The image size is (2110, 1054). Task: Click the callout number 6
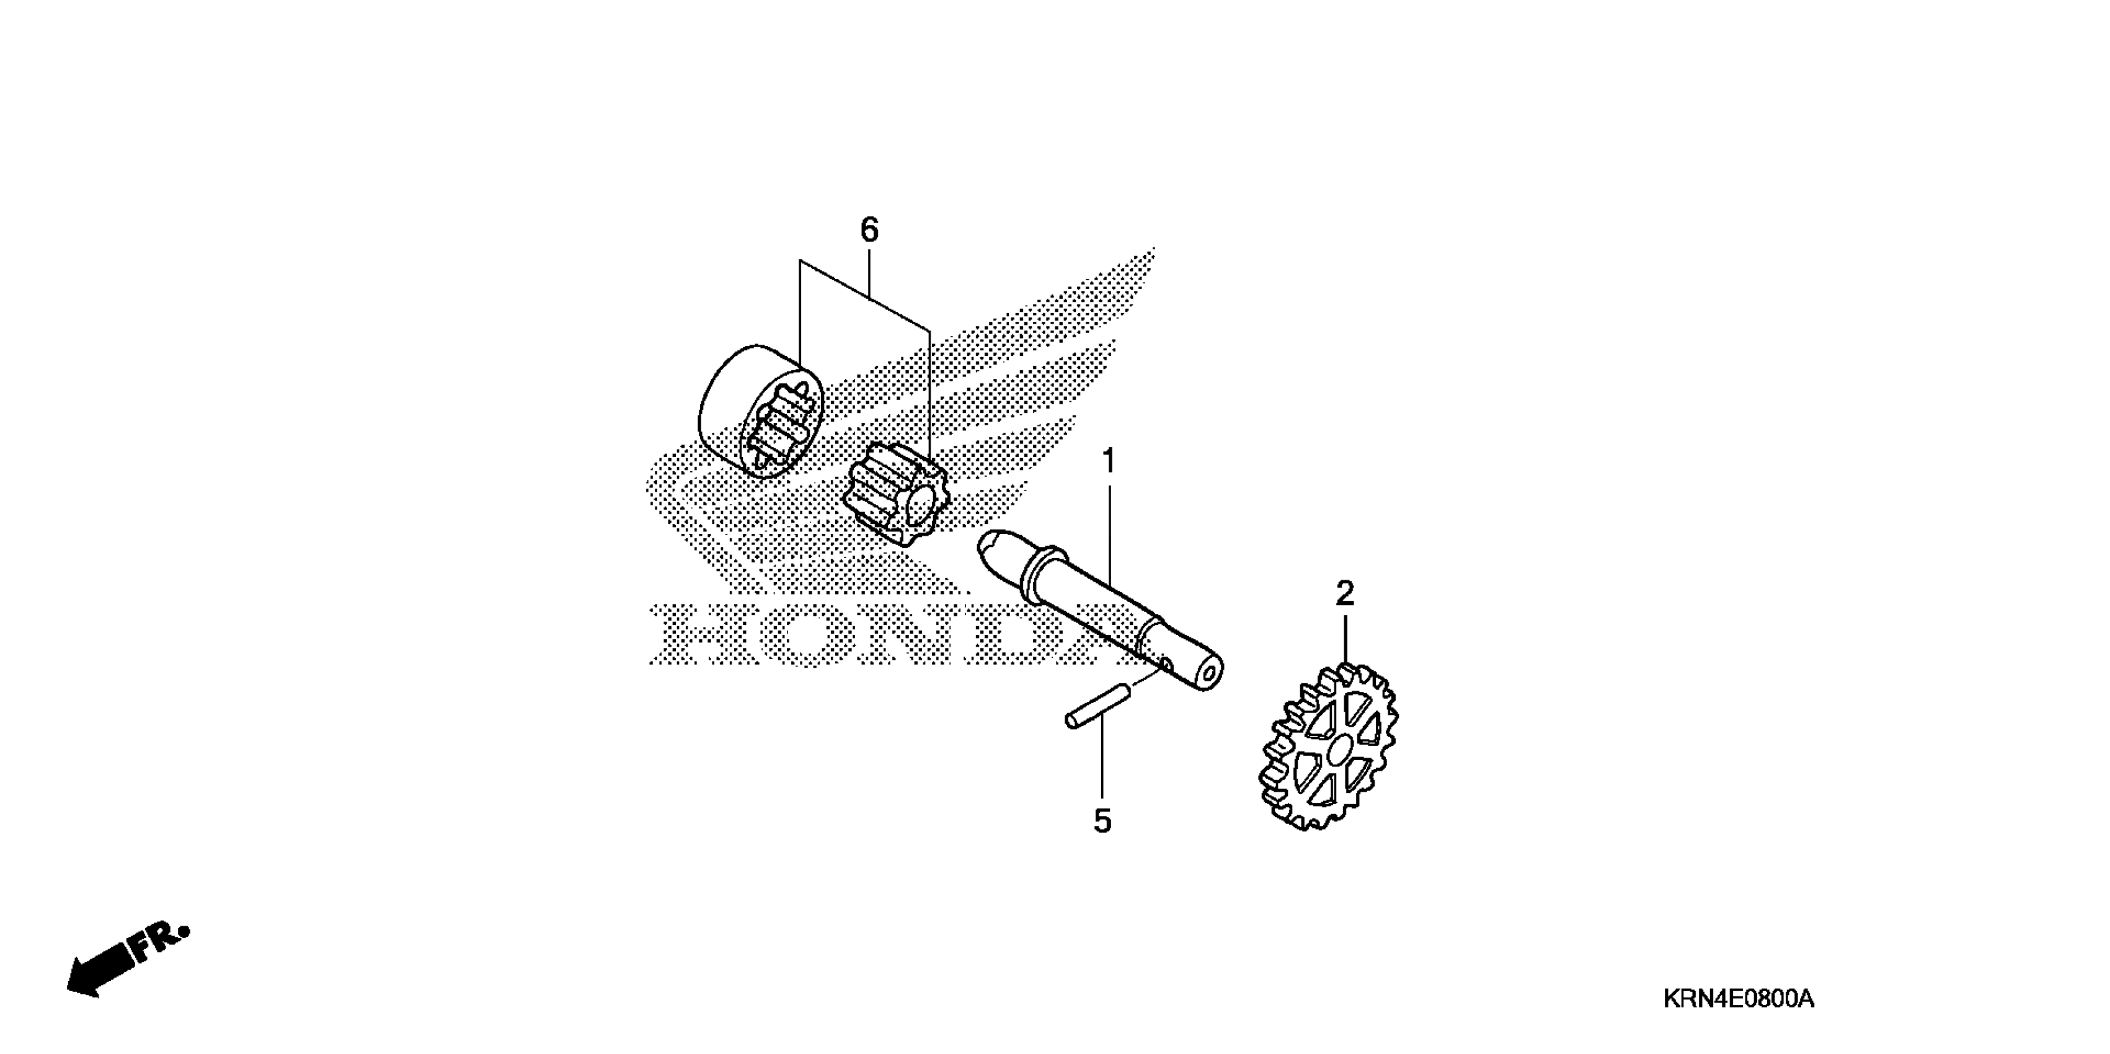869,230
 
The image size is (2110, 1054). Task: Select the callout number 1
1108,463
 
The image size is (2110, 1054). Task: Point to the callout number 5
1102,821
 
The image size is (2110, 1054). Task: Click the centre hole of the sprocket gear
1339,748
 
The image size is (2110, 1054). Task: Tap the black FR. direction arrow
99,973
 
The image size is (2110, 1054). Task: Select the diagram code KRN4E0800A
1738,999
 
